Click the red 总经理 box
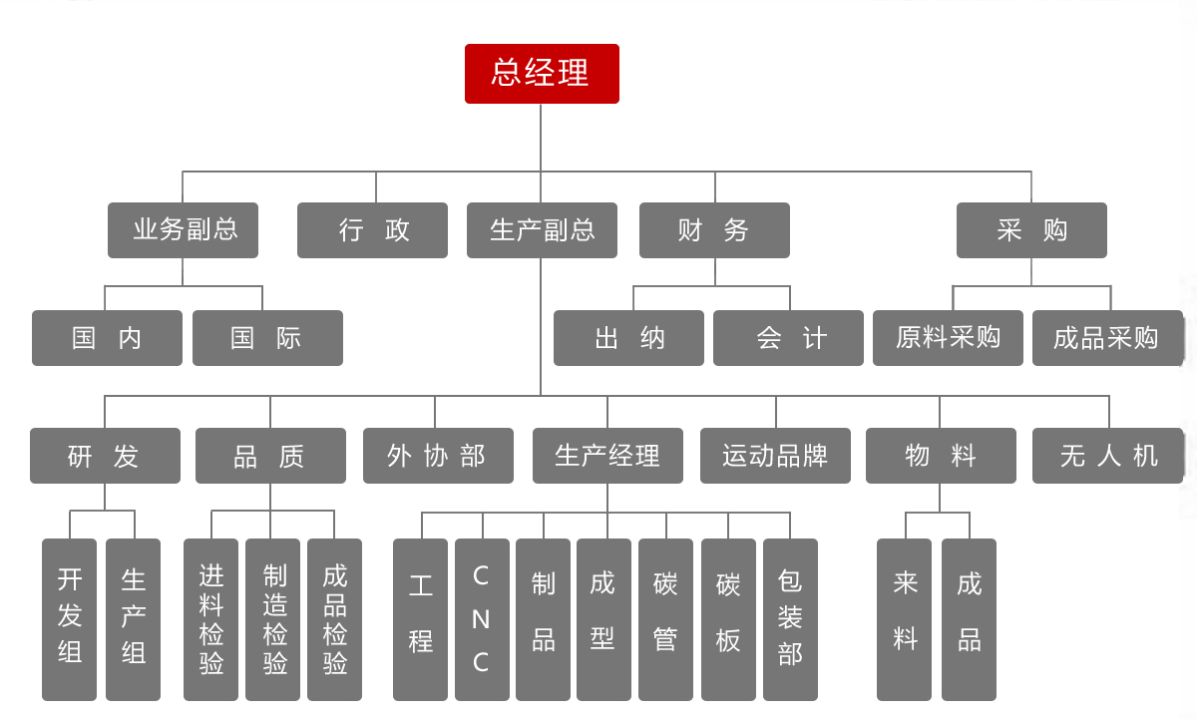point(542,74)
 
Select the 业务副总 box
point(183,230)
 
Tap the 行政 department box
point(372,230)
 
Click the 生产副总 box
point(542,230)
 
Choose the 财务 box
point(714,230)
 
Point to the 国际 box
point(267,338)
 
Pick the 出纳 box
point(628,338)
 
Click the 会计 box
point(788,338)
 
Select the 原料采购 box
point(948,338)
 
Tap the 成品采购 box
point(1107,338)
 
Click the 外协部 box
point(438,456)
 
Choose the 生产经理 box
point(607,456)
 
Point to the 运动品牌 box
point(775,456)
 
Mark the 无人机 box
point(1107,456)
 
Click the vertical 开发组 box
point(70,619)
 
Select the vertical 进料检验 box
point(210,619)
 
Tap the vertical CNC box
point(482,619)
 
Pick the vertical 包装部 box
point(790,619)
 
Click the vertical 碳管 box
point(665,619)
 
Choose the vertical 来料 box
point(905,619)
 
